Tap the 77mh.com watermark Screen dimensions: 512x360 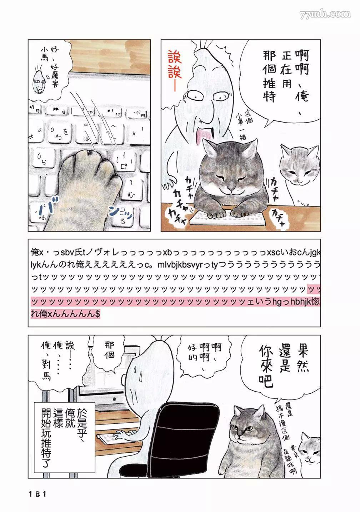[325, 15]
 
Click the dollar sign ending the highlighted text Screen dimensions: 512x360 [97, 314]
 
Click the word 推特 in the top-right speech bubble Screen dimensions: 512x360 [270, 88]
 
